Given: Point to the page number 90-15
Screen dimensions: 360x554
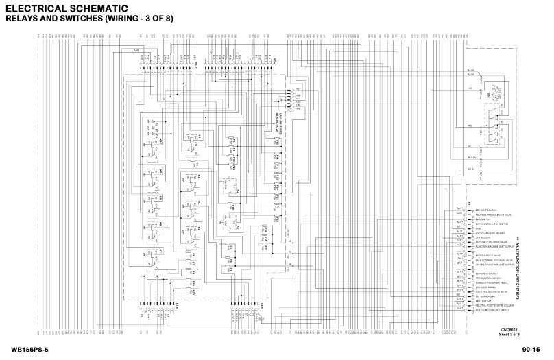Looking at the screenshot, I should tap(531, 350).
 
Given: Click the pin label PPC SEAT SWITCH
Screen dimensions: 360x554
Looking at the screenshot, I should tap(483, 211).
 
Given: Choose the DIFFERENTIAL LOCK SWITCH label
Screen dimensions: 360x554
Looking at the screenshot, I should tap(488, 224).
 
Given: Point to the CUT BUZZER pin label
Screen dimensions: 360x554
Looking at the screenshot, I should tap(481, 237).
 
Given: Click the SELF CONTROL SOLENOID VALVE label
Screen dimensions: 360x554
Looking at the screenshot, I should tap(492, 261).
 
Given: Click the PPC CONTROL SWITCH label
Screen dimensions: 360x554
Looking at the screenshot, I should tap(485, 278).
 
